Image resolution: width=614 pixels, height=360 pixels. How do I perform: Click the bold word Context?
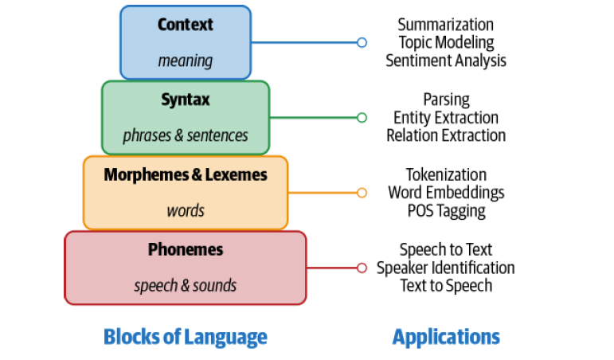[x=186, y=24]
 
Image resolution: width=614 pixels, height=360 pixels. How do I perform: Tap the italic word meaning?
[x=186, y=61]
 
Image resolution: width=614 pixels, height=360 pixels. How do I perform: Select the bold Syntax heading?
[x=186, y=100]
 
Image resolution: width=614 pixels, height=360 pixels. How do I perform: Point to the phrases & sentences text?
[x=186, y=135]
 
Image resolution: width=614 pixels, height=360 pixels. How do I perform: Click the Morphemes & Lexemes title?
[x=186, y=174]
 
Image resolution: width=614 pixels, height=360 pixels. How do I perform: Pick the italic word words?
[x=186, y=211]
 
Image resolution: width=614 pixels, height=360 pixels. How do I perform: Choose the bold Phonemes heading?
[x=186, y=249]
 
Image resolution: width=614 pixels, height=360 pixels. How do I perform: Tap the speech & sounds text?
[x=186, y=286]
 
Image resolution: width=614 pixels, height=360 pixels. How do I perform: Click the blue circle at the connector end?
[x=362, y=42]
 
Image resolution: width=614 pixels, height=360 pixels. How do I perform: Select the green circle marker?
[x=362, y=118]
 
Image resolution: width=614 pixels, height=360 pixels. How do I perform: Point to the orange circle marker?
[x=362, y=193]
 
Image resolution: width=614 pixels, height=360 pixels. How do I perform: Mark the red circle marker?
[x=362, y=268]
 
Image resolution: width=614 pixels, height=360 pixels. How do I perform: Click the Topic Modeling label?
[x=446, y=42]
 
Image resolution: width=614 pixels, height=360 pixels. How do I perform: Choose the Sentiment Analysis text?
[x=446, y=61]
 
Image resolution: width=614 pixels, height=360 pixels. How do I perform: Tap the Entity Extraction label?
[x=446, y=118]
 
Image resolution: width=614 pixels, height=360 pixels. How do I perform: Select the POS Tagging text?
[x=446, y=211]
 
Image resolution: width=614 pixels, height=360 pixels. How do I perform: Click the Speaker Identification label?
[x=446, y=268]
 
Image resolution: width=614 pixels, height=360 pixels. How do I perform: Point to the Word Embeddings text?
[x=446, y=193]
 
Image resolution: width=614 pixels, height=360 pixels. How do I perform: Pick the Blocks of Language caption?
[x=186, y=337]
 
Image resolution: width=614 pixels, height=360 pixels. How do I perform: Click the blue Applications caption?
[x=446, y=337]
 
